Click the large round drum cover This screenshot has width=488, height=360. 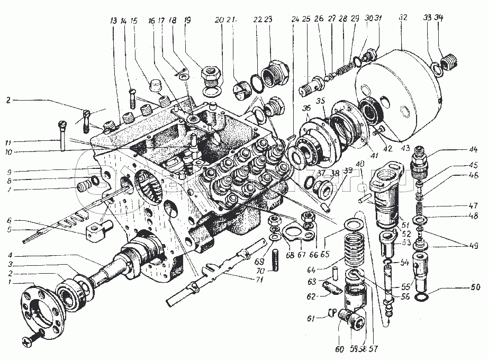(398, 92)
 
